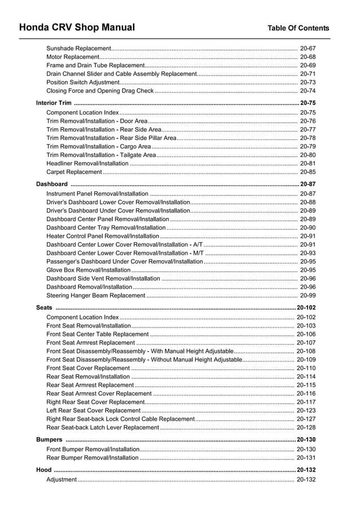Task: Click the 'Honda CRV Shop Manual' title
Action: coord(77,27)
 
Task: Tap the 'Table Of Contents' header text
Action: coord(298,28)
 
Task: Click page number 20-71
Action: coord(308,74)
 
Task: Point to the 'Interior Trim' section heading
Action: coord(54,103)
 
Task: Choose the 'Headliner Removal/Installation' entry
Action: coord(87,164)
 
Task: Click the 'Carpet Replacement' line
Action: coord(74,172)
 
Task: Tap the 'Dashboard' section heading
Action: coord(52,184)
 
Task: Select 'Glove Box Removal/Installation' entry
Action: coord(89,271)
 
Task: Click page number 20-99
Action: coord(308,295)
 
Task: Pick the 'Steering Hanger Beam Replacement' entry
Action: coord(96,295)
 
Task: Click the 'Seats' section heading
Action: coord(44,308)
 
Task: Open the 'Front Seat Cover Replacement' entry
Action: coord(88,368)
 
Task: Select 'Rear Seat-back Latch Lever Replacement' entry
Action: coord(103,428)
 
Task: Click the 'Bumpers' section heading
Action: coord(49,439)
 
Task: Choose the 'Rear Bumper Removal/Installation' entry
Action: coord(93,458)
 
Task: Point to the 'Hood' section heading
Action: coord(43,470)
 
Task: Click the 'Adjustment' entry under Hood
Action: coord(62,480)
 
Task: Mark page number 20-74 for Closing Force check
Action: coord(308,91)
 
